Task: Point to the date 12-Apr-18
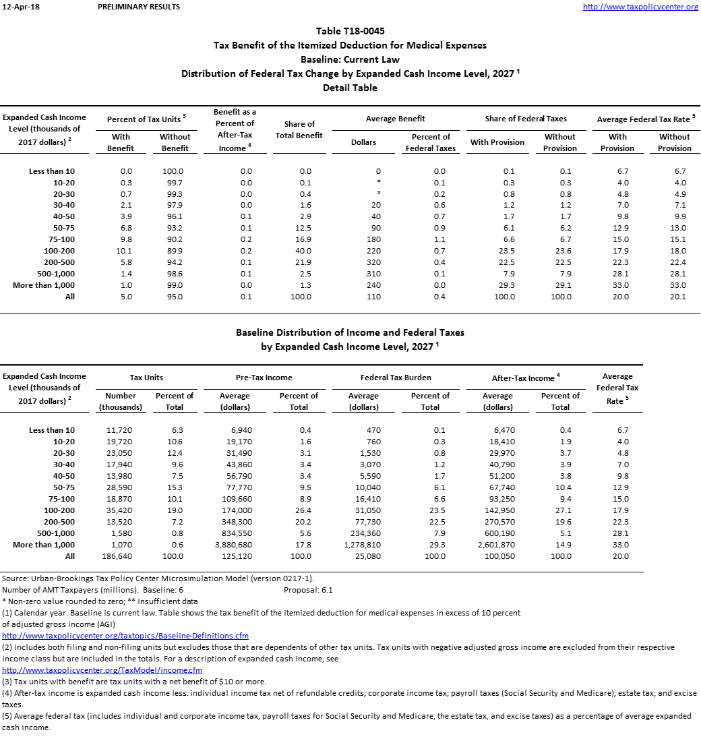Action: (x=18, y=7)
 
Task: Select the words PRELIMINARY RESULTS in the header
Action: (x=139, y=7)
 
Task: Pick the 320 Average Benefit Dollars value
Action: (x=376, y=262)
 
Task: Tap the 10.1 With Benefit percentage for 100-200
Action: (x=121, y=251)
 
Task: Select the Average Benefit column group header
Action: (x=395, y=119)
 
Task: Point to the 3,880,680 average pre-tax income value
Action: (x=235, y=545)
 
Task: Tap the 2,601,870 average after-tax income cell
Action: (x=498, y=545)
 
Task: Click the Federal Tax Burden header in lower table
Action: (x=396, y=378)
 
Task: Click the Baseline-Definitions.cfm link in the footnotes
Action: (x=125, y=636)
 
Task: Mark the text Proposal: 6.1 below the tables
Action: (x=308, y=590)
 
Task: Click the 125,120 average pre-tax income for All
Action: (x=235, y=556)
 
